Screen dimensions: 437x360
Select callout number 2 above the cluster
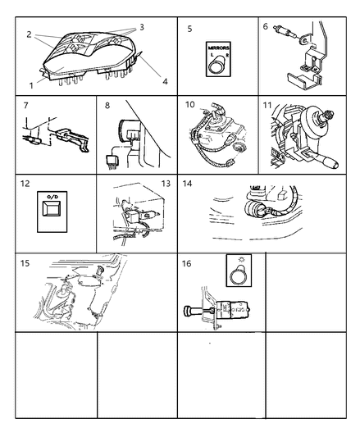click(30, 35)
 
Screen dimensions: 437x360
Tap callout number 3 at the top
click(141, 27)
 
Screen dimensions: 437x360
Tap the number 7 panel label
click(27, 107)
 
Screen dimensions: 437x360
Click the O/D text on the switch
click(50, 199)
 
